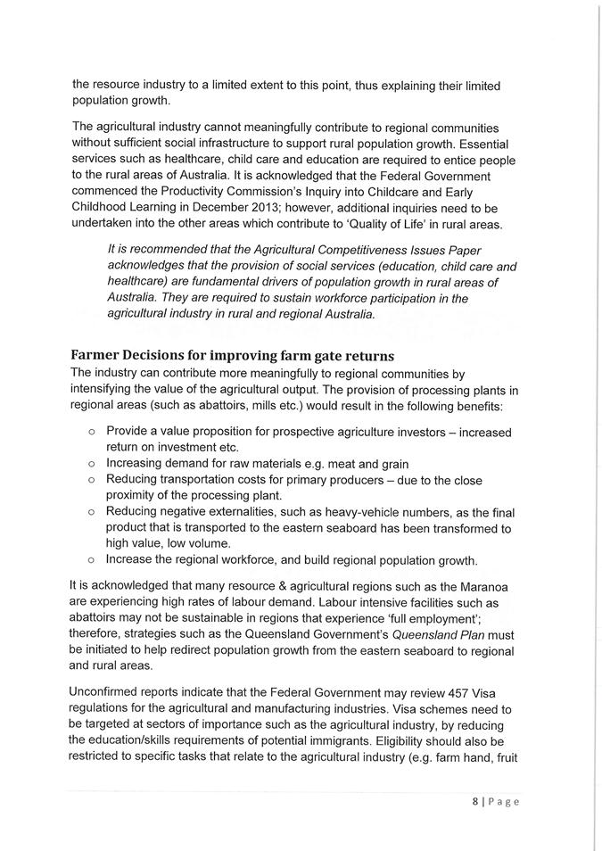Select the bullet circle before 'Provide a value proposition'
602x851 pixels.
92,432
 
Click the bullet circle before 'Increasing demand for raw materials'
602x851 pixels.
92,463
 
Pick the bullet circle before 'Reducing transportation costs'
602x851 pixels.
92,480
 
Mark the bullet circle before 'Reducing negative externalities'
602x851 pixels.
92,512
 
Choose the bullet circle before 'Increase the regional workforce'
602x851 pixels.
92,560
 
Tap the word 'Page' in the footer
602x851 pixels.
506,801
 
